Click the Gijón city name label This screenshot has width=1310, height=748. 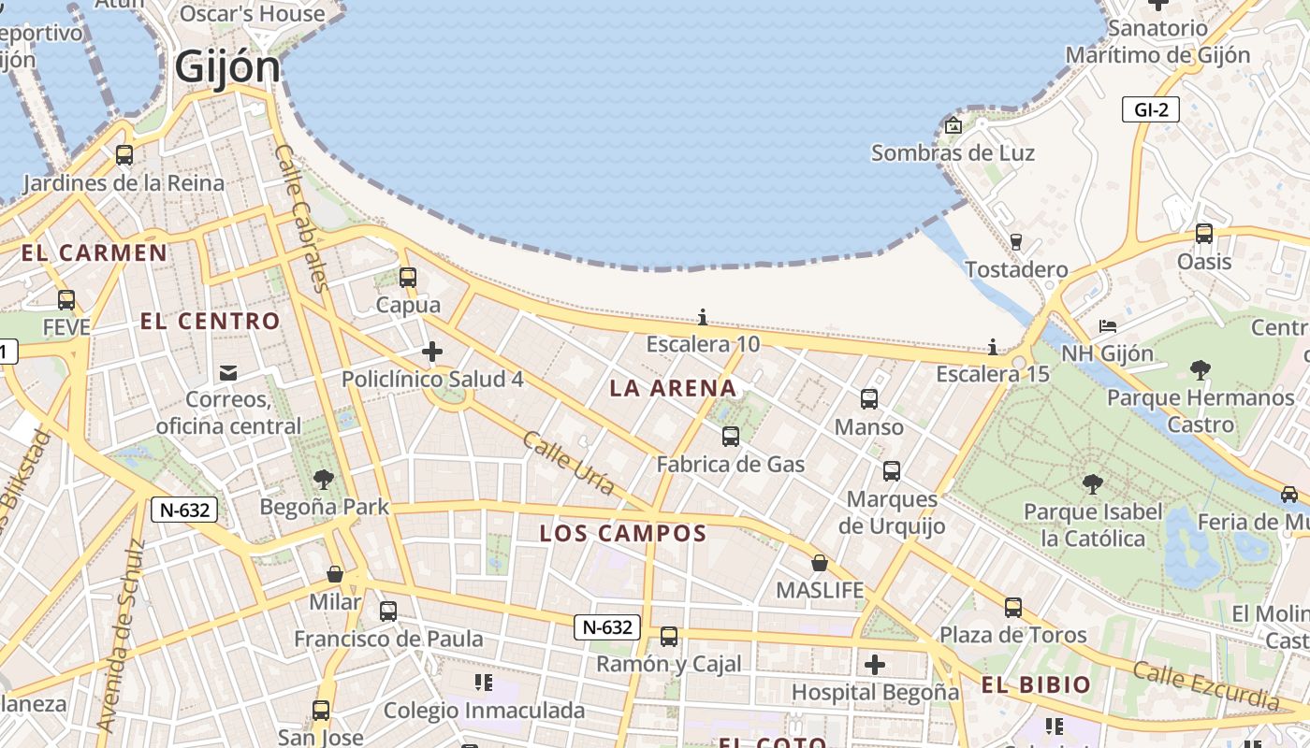click(227, 67)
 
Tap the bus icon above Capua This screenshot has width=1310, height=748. click(407, 277)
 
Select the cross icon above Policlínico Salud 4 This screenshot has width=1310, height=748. click(432, 352)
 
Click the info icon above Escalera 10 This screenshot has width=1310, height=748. click(703, 317)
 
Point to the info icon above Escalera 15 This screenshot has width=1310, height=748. click(993, 347)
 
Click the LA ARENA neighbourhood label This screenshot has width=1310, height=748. click(673, 388)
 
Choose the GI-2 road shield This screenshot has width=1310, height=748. click(1151, 109)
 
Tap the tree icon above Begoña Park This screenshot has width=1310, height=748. click(324, 480)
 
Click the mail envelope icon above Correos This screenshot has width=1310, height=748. click(228, 373)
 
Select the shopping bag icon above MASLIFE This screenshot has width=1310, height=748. click(820, 563)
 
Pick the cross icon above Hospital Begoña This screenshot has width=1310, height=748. click(875, 665)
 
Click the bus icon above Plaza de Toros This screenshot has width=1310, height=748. click(1013, 608)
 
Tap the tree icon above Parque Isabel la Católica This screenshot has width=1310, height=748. click(1092, 483)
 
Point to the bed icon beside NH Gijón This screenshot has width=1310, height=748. click(1108, 326)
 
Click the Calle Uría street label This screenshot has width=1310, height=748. click(569, 464)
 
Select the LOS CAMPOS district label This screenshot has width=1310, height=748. click(622, 534)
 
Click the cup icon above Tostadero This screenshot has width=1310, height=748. click(1016, 241)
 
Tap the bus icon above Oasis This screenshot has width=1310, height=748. click(1204, 233)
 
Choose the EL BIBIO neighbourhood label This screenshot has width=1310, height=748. click(1036, 684)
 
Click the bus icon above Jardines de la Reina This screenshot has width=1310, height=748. click(124, 154)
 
